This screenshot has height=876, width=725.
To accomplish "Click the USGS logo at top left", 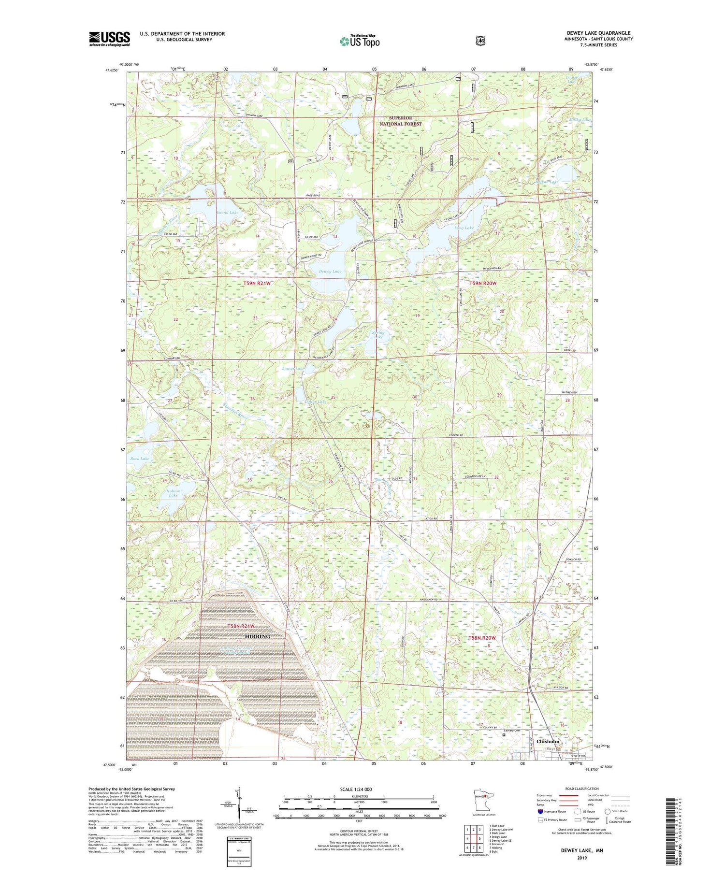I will [109, 39].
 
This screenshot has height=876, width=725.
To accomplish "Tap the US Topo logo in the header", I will [360, 41].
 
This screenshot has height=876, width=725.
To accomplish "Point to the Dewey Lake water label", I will [330, 271].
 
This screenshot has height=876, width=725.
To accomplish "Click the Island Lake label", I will [227, 212].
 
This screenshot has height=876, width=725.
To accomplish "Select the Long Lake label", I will [464, 228].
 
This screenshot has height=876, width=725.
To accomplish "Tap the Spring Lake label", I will [378, 334].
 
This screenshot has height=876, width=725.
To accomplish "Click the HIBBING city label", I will [257, 636].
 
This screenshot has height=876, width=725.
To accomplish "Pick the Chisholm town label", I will [548, 741].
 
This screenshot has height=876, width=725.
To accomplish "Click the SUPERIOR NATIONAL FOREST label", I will [400, 121].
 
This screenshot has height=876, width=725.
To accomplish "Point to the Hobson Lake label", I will [173, 493].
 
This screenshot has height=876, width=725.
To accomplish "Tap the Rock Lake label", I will [140, 458].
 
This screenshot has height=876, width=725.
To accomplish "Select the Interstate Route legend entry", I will [551, 811].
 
